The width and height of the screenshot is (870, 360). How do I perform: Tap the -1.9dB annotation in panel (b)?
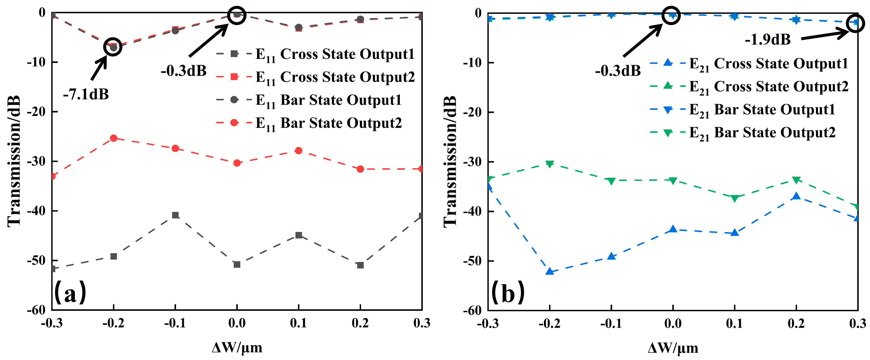point(767,40)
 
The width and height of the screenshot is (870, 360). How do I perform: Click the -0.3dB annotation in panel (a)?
point(183,71)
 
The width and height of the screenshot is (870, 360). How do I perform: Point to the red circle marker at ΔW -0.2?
point(113,138)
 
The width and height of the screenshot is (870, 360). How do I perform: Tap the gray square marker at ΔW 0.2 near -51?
point(360,265)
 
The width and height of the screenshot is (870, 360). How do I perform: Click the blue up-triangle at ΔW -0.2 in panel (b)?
point(550,272)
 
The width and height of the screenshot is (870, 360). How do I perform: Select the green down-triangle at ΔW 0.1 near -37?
point(735,198)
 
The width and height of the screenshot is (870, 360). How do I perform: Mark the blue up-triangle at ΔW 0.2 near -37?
point(796,196)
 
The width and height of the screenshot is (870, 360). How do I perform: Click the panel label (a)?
point(70,292)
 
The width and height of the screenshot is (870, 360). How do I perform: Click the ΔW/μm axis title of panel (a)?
point(237,347)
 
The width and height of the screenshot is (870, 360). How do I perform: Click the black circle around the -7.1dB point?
point(113,47)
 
